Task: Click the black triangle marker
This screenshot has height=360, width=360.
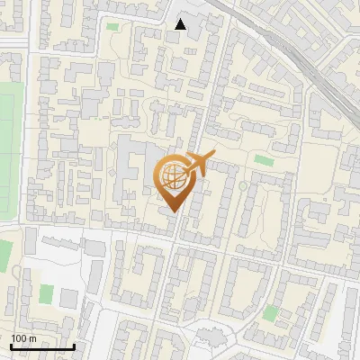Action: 181,24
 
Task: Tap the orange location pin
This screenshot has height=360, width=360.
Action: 175,184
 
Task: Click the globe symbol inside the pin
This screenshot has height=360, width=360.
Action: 175,177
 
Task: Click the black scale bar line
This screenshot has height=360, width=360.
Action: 41,346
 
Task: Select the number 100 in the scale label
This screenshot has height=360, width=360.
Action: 18,338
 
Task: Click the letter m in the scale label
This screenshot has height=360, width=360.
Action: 31,338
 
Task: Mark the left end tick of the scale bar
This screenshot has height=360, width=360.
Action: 11,346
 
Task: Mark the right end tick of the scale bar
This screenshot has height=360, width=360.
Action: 73,346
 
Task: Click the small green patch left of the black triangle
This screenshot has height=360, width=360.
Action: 112,26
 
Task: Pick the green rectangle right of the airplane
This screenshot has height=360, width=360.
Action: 264,160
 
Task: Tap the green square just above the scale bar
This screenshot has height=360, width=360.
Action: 46,293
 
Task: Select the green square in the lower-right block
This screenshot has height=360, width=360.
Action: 271,313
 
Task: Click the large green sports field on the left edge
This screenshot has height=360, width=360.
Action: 5,153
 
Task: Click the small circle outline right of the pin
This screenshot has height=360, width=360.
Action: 242,186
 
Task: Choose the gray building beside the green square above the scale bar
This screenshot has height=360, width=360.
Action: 68,298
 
